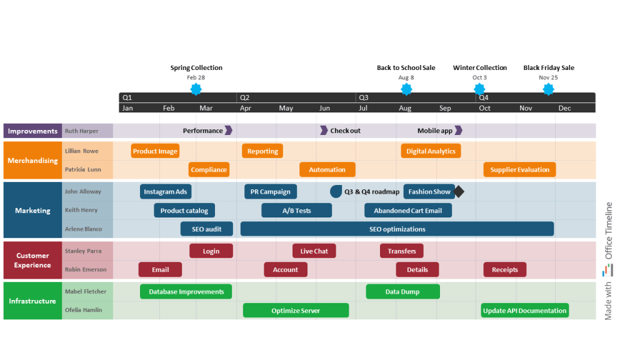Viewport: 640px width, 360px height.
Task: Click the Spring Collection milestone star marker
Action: [196, 89]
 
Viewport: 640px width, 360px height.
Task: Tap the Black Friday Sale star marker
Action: [548, 89]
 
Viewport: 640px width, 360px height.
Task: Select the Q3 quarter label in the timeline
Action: [364, 97]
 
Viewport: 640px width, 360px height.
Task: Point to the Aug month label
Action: [405, 108]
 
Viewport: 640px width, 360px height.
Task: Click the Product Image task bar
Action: [156, 151]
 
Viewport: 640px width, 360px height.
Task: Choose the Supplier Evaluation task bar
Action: [519, 169]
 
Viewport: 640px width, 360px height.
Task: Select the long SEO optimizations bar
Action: [397, 229]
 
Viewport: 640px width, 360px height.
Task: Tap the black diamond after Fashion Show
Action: [459, 192]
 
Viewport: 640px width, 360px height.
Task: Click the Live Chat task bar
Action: [314, 251]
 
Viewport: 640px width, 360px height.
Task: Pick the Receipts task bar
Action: [504, 269]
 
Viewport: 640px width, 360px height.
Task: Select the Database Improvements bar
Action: [186, 291]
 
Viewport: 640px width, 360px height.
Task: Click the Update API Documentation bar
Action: [524, 310]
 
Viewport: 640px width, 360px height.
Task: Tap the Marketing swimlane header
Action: [32, 211]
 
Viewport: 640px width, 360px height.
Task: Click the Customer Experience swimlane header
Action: [32, 260]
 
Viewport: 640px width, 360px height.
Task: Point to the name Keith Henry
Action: [81, 211]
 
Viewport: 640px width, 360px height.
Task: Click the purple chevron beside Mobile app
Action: [458, 131]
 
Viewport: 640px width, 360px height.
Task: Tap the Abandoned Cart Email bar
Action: [407, 211]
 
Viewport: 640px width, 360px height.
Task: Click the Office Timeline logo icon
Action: [608, 269]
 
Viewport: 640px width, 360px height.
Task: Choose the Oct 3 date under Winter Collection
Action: [479, 77]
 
